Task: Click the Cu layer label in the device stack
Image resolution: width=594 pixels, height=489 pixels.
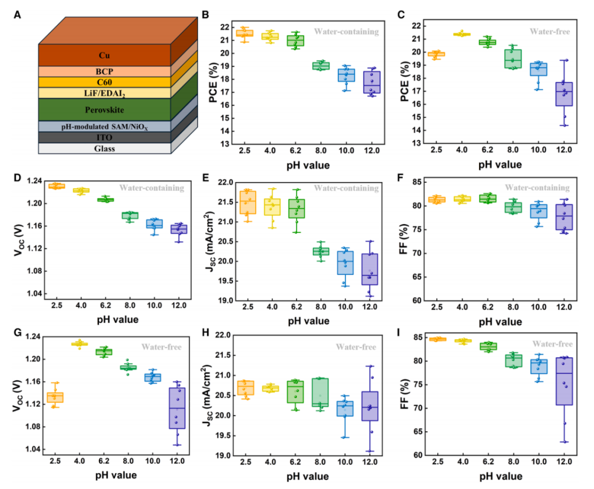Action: pos(104,55)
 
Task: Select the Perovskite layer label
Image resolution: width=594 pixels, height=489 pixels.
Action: pos(104,110)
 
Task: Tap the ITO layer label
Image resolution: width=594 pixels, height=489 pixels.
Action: pos(104,137)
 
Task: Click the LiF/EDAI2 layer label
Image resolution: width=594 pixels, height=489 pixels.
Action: pos(104,93)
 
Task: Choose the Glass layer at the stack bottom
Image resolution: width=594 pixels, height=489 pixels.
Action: pos(104,149)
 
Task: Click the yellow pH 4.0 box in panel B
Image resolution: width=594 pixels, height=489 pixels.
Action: pos(269,36)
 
